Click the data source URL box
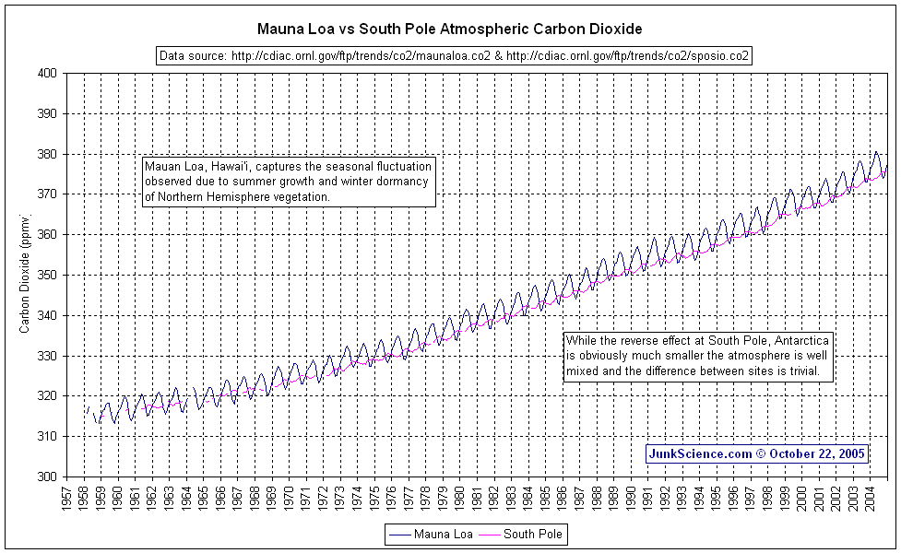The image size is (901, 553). click(x=455, y=56)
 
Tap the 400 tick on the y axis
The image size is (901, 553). click(x=46, y=74)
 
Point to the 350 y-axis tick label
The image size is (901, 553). click(x=46, y=275)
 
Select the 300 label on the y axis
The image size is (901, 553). click(x=46, y=477)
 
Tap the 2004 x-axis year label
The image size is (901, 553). click(x=869, y=496)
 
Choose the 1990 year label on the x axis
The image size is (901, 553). click(x=630, y=496)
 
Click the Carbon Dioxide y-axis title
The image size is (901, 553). click(x=25, y=274)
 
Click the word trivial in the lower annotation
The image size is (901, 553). click(x=815, y=372)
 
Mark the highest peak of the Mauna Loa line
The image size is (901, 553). click(x=876, y=152)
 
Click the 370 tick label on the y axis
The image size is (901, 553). click(x=46, y=194)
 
